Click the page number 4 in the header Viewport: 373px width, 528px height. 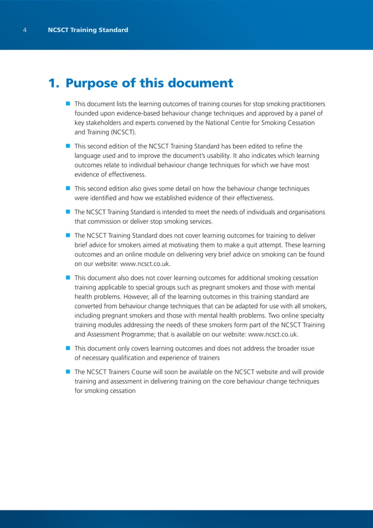pyautogui.click(x=25, y=30)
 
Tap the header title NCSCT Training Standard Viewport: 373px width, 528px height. pyautogui.click(x=88, y=30)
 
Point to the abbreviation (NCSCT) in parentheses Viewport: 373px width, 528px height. pyautogui.click(x=122, y=132)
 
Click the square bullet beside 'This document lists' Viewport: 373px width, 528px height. pyautogui.click(x=68, y=103)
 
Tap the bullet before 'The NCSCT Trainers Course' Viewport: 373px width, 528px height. pyautogui.click(x=68, y=372)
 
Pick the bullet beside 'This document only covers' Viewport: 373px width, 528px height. pyautogui.click(x=68, y=348)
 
